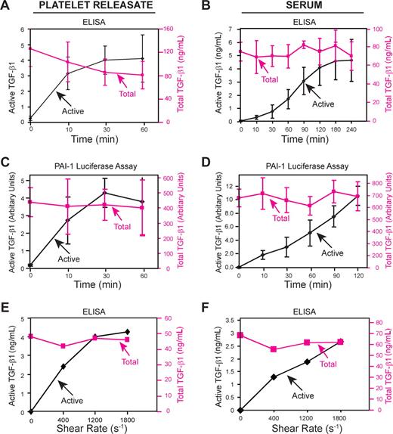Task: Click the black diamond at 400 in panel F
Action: point(273,377)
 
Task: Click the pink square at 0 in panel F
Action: point(240,335)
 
